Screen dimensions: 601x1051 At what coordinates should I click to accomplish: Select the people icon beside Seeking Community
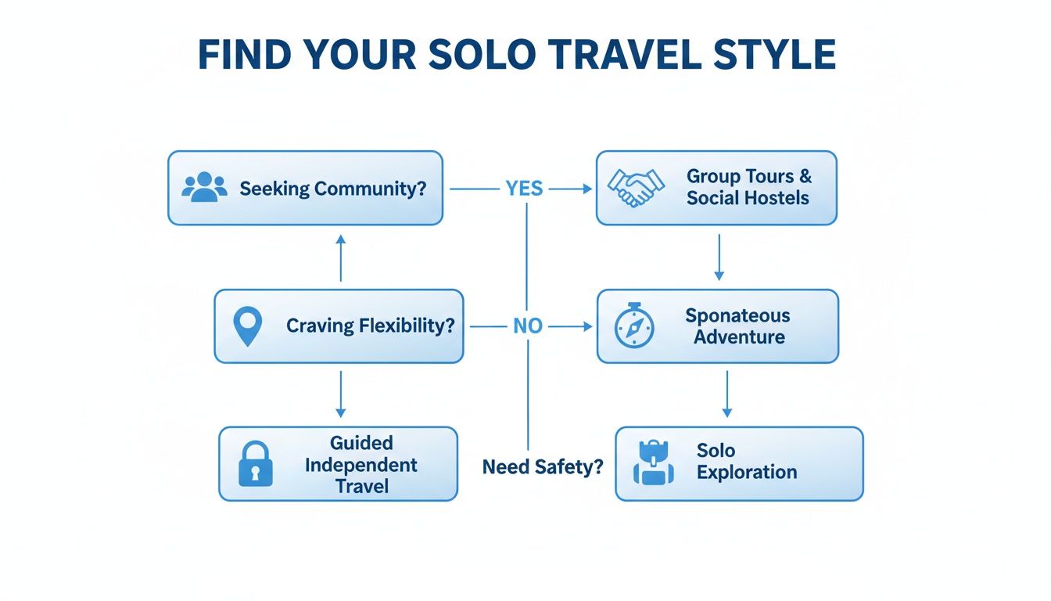204,188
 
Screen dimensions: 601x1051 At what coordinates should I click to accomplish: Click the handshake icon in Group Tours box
636,188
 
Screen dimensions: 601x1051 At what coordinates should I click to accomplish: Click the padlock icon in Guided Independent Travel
255,463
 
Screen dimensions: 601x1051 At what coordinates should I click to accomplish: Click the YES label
524,189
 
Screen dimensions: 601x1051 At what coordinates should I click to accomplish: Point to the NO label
527,326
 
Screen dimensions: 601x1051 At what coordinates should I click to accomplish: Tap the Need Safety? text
543,467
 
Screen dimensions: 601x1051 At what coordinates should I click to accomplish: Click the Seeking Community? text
333,189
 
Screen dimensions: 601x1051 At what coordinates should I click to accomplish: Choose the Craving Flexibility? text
370,326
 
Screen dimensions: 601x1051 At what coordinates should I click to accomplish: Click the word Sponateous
737,316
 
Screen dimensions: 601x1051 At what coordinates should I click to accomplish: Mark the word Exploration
747,473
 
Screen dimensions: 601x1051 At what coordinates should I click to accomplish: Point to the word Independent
361,465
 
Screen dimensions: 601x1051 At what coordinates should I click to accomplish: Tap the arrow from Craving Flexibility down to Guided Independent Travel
340,394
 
